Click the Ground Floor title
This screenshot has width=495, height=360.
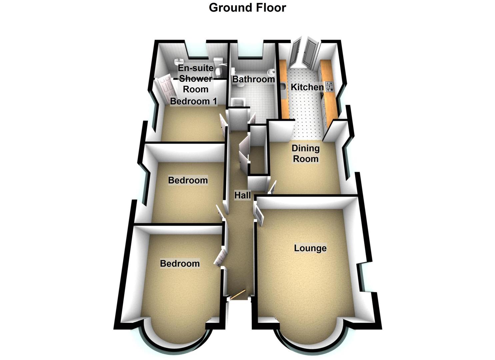(247, 7)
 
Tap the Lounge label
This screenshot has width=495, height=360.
(310, 248)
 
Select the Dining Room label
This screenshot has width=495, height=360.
(305, 153)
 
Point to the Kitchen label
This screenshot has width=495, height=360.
(307, 87)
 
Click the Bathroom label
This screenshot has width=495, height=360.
(253, 79)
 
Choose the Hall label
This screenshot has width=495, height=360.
(242, 195)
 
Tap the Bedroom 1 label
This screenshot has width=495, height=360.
(193, 101)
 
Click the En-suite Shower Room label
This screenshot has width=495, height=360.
(196, 79)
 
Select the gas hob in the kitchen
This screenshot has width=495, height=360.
(329, 87)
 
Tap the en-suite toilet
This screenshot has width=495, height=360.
(218, 63)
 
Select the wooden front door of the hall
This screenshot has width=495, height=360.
(239, 294)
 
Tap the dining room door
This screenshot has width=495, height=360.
(272, 188)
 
